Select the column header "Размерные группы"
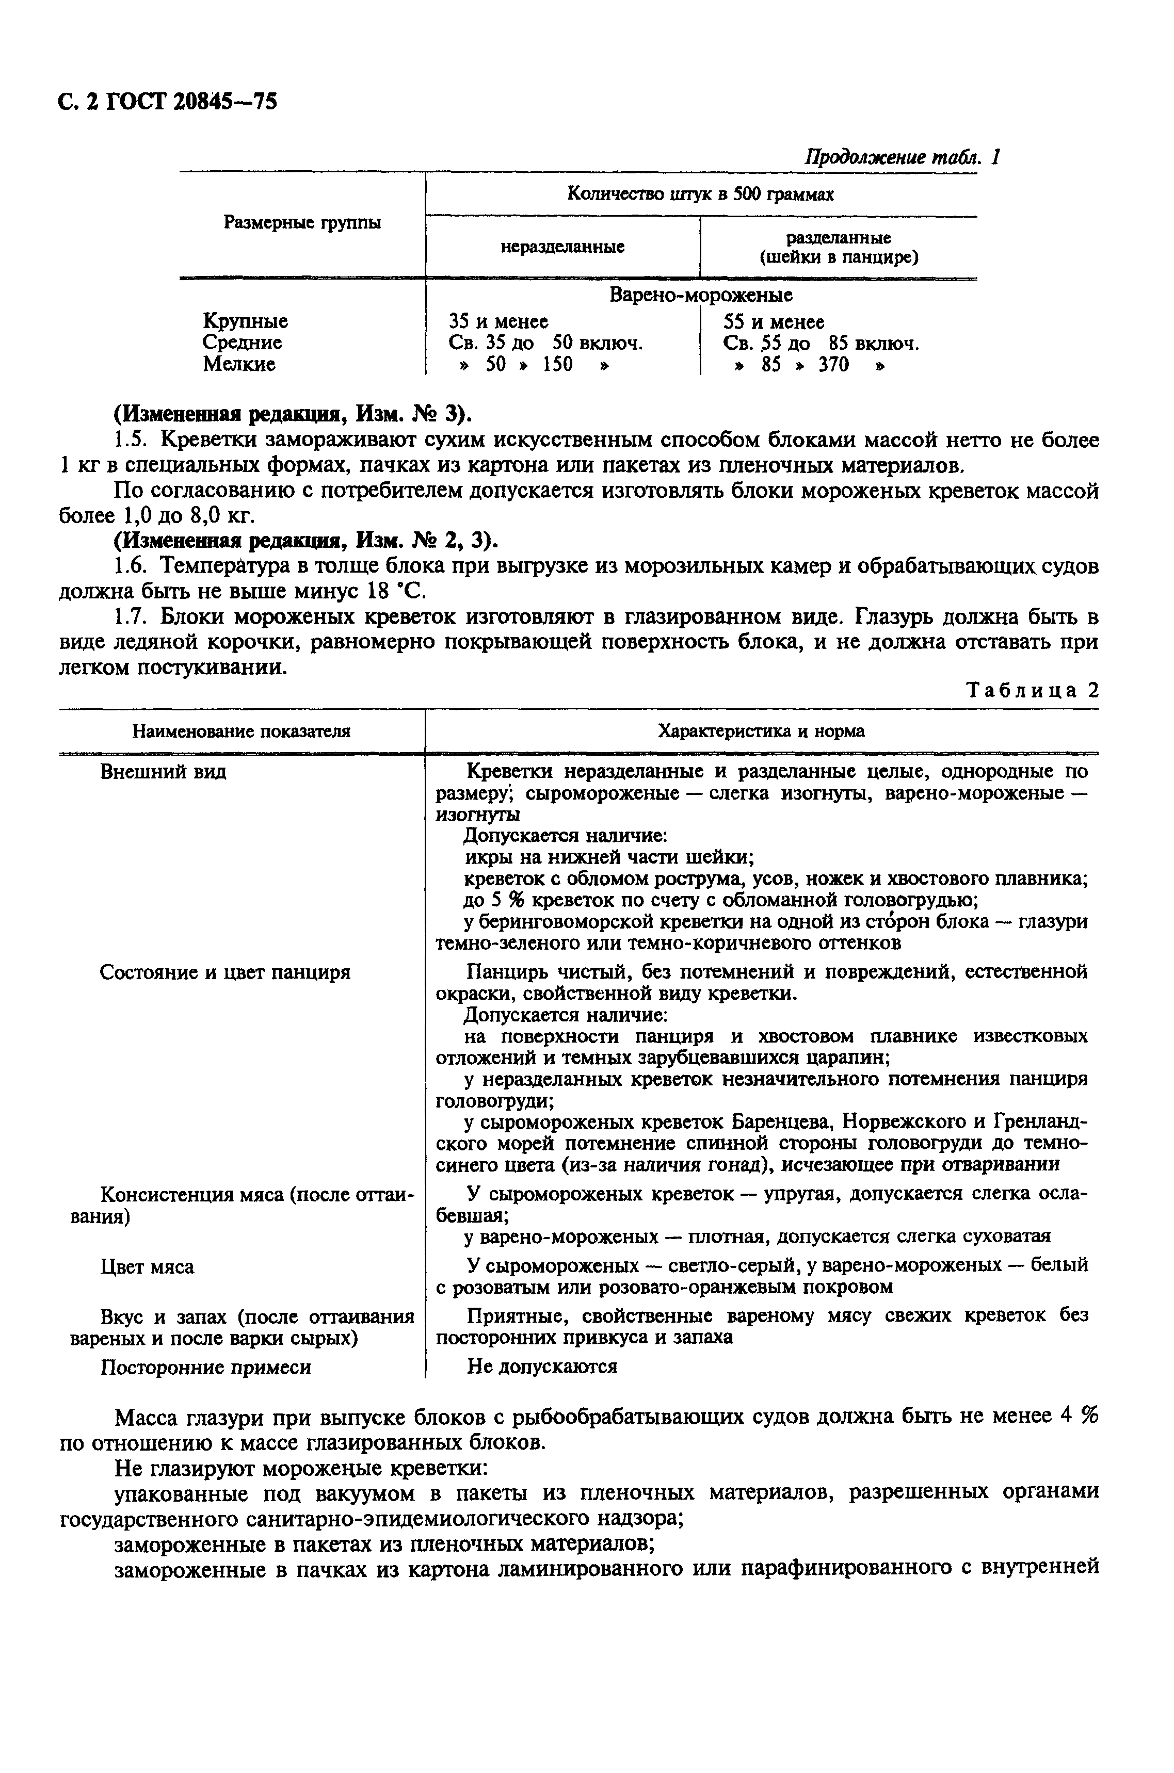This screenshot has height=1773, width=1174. pos(302,222)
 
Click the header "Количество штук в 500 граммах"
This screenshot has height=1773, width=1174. pos(700,194)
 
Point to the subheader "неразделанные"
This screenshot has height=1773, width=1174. pos(562,246)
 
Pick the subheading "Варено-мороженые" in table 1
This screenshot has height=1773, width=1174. pos(701,295)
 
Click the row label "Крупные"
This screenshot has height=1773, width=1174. pos(245,321)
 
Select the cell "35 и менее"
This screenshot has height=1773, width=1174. pos(498,321)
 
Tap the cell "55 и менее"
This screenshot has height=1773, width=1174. pos(774,322)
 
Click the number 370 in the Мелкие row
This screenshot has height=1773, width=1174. pos(833,365)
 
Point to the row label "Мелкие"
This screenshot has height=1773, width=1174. pos(239,365)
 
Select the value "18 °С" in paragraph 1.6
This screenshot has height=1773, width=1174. pos(395,591)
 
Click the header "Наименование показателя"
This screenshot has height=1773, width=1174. pos(241,731)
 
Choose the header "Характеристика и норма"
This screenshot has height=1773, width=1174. pos(761,731)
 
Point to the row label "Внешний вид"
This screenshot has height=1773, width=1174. pos(163,772)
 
